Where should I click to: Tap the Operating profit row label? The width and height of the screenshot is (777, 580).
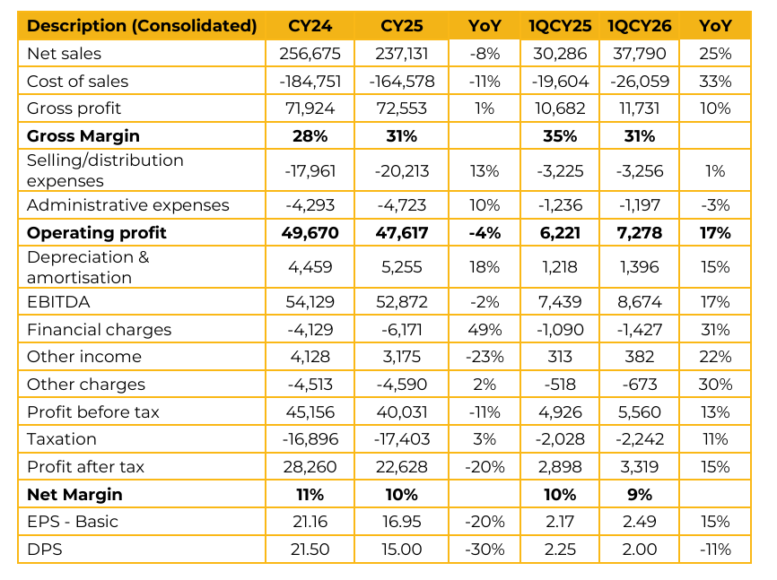click(x=97, y=233)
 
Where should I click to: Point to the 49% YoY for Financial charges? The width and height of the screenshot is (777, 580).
click(x=485, y=330)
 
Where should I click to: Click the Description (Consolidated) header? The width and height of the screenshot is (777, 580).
click(x=142, y=26)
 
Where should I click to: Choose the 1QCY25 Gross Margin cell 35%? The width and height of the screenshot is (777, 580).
click(x=559, y=136)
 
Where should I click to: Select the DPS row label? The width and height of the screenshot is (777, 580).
click(x=44, y=549)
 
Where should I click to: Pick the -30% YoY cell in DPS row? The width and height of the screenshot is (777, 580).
click(x=485, y=549)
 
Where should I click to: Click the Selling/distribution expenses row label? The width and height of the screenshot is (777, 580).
click(x=105, y=170)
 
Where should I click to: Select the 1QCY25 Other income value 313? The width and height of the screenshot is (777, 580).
click(x=559, y=357)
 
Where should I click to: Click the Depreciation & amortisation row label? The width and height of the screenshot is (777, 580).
click(x=88, y=267)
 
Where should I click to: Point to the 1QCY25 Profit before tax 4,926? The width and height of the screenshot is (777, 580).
click(x=559, y=412)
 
